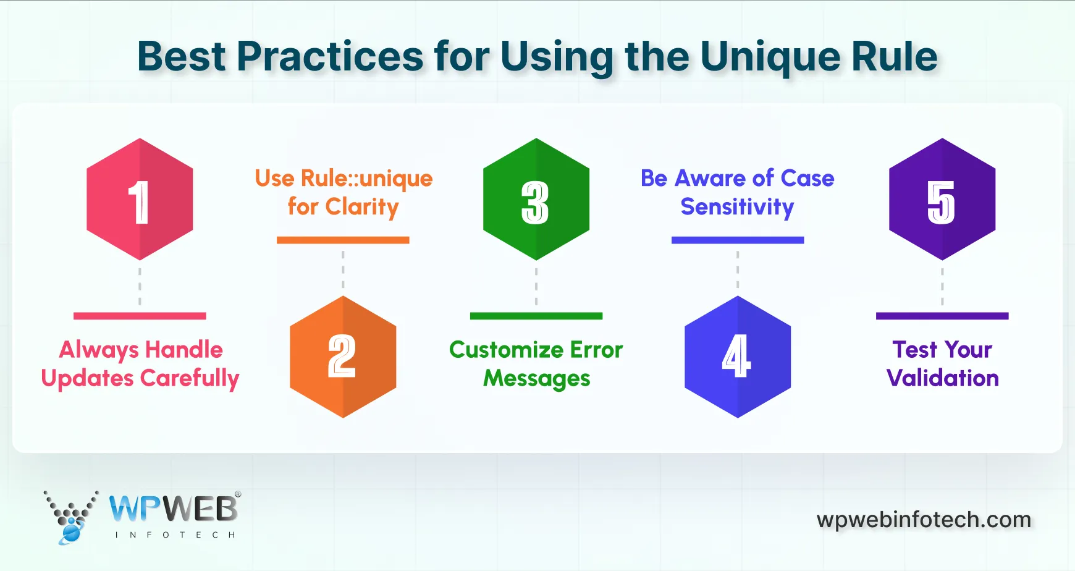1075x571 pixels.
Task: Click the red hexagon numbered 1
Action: tap(140, 199)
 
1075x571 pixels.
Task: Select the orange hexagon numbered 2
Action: tap(343, 357)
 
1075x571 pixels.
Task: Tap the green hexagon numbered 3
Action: tap(536, 199)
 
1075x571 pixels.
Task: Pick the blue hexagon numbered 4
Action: tap(738, 357)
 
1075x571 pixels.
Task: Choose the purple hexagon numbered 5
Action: tap(942, 199)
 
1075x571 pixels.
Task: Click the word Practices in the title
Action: tap(330, 57)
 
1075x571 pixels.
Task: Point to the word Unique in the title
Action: tap(770, 57)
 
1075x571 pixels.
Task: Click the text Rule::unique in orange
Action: tap(366, 179)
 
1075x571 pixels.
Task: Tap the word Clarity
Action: tap(362, 207)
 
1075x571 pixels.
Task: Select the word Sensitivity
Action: tap(737, 207)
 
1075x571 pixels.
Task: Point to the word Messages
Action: tap(536, 378)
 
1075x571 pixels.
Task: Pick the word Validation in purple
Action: tap(942, 378)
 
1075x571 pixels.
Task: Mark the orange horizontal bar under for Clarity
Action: tap(343, 240)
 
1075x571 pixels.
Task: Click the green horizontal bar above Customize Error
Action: tap(536, 316)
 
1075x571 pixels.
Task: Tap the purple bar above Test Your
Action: tap(942, 316)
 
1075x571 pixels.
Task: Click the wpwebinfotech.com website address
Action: tap(924, 520)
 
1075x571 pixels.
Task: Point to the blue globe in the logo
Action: tap(72, 532)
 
